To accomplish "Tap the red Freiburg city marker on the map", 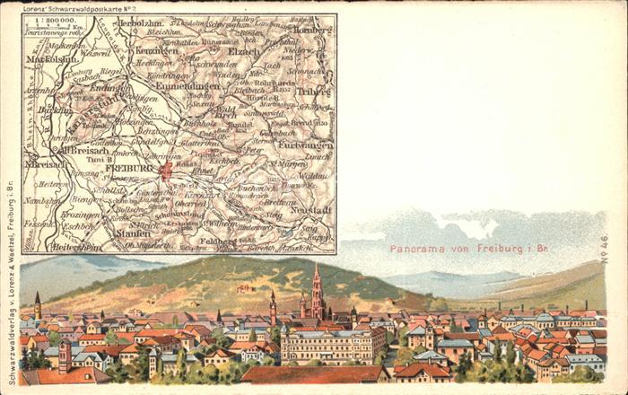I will (165, 170).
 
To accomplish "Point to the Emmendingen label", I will (192, 86).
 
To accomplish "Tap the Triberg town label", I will (314, 91).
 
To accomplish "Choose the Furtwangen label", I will (306, 145).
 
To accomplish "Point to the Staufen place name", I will (133, 233).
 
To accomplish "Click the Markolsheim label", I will (52, 60).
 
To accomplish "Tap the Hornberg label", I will (313, 29).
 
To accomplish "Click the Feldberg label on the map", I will (216, 241).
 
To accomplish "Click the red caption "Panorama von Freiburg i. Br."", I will (468, 249).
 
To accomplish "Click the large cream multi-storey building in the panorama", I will (332, 343).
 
